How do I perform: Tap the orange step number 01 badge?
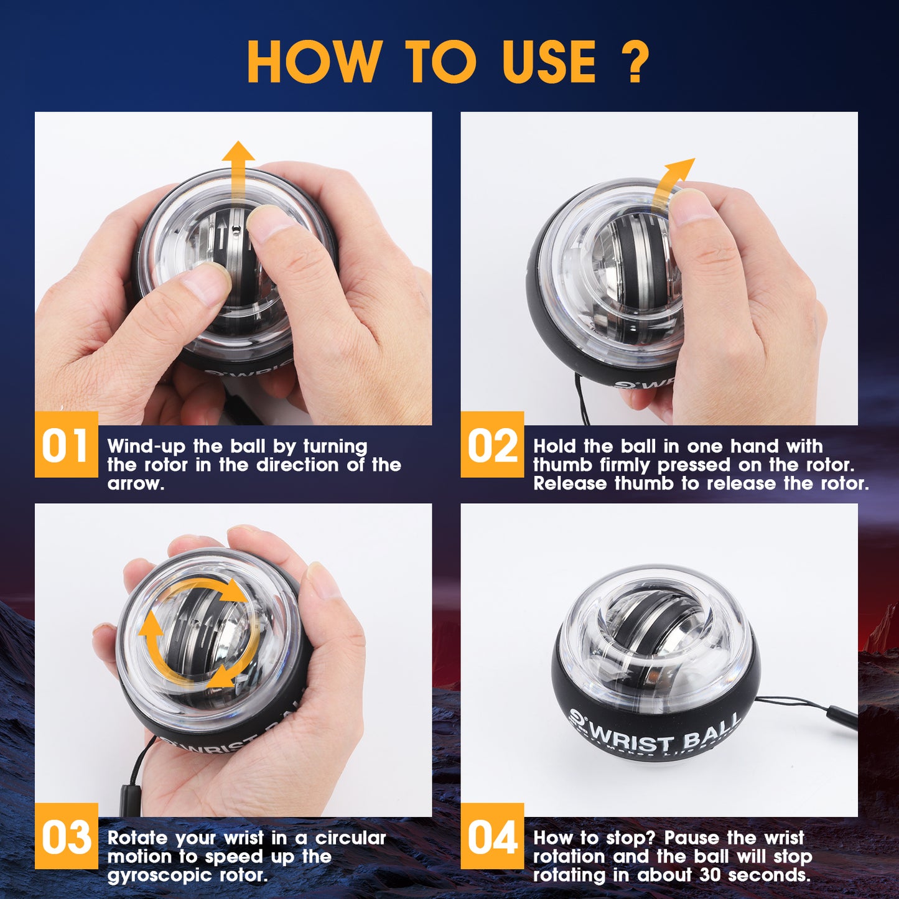point(66,445)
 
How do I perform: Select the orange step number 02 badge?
point(492,445)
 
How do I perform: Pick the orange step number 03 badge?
point(66,836)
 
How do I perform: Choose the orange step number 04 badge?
point(492,836)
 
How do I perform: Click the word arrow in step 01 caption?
point(135,483)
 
